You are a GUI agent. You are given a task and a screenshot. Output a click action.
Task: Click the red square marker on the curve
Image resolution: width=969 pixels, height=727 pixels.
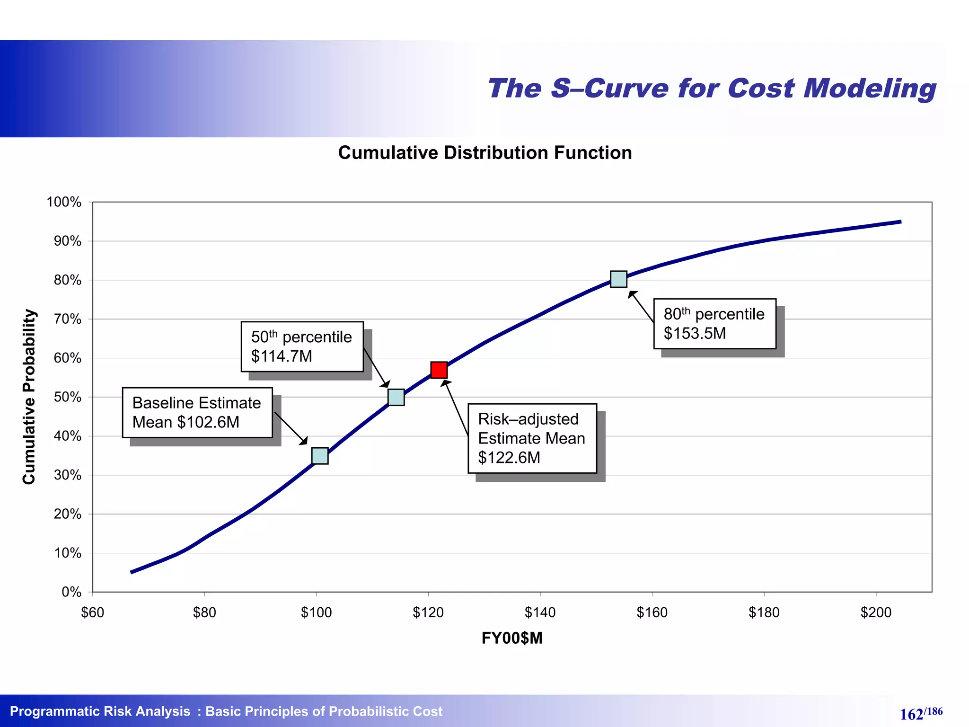(439, 370)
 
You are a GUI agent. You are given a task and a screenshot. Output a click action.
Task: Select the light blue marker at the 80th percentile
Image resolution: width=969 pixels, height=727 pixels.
(618, 279)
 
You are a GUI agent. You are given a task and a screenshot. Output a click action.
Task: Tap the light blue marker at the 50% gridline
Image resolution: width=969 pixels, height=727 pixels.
(396, 397)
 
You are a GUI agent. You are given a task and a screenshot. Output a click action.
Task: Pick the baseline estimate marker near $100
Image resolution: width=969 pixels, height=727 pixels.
(320, 456)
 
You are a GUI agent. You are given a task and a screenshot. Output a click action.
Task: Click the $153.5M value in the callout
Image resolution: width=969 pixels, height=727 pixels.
(695, 334)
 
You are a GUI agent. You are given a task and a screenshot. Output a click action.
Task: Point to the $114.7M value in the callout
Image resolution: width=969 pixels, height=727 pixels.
(282, 356)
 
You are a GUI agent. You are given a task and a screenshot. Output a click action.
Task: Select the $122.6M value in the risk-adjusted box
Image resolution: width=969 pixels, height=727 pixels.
(509, 458)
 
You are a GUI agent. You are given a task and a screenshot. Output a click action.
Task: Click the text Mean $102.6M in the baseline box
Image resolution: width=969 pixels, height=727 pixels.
(186, 422)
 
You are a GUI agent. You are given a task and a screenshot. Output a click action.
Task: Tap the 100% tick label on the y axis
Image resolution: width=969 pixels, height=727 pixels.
(64, 202)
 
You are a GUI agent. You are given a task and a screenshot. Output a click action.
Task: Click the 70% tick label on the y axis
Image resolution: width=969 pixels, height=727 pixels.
(67, 319)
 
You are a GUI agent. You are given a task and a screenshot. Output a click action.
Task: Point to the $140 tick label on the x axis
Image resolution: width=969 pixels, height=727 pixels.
(540, 612)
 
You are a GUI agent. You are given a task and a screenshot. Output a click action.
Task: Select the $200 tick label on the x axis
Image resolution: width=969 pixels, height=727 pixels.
(876, 612)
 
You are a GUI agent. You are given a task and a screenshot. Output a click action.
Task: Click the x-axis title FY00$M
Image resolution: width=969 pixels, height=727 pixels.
(512, 638)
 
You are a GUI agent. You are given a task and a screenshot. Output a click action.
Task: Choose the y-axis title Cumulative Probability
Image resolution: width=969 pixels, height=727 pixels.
(29, 397)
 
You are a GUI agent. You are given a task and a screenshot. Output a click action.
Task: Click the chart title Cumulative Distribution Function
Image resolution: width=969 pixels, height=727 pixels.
(485, 153)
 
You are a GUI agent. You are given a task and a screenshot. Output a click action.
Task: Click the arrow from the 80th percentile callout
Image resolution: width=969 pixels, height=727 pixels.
(641, 307)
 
